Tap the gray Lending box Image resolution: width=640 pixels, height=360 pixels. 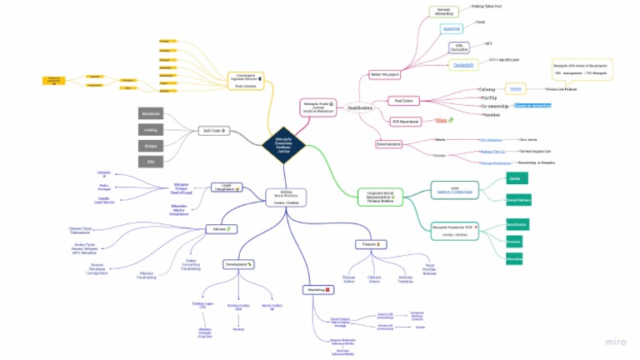click(152, 129)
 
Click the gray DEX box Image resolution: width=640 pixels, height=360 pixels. click(152, 161)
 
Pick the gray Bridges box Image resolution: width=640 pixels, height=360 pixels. click(152, 145)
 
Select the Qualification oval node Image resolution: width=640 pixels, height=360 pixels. click(360, 107)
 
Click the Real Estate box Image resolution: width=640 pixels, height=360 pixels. click(405, 101)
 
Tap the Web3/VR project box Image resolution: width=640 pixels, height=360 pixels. click(385, 75)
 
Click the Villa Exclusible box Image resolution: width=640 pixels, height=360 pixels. click(460, 47)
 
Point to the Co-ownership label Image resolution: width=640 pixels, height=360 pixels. click(495, 107)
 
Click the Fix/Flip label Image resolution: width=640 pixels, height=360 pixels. click(490, 97)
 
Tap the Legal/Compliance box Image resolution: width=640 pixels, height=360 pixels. click(226, 188)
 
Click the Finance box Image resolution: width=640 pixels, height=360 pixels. click(370, 243)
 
